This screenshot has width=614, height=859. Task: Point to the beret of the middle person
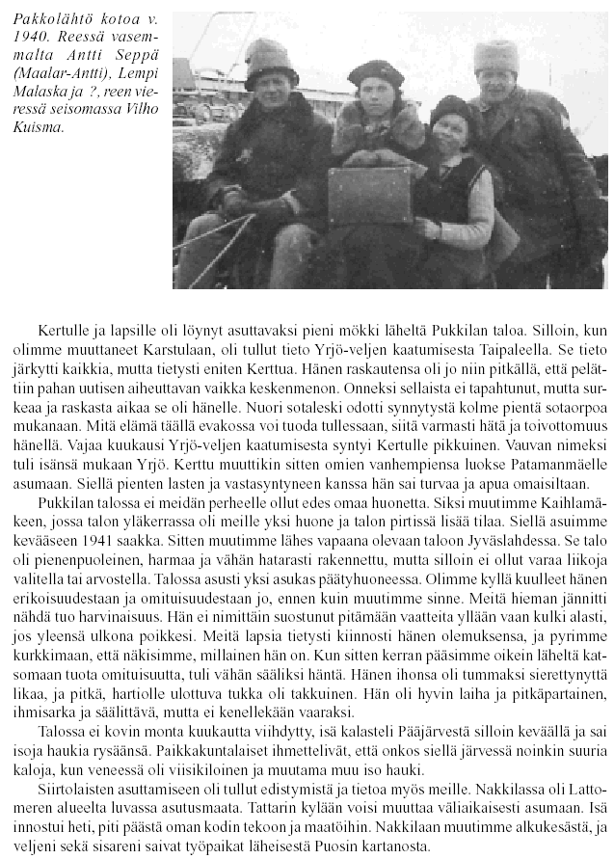coord(375,72)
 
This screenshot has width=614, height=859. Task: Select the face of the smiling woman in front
coord(451,131)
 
